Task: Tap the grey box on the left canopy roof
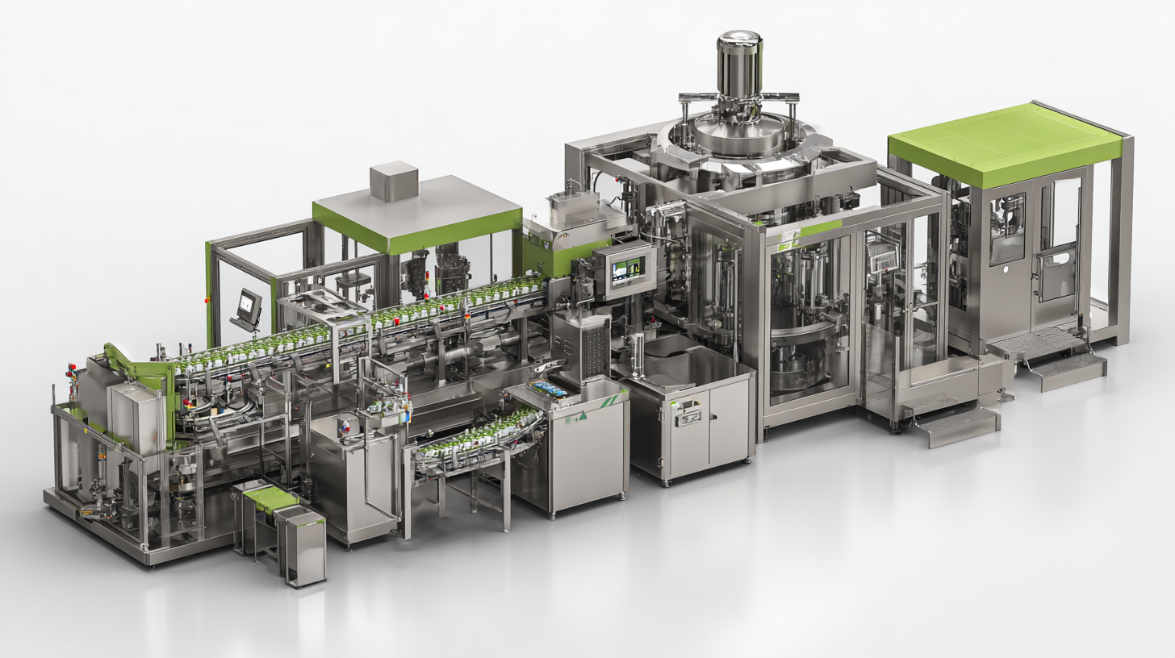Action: click(x=394, y=180)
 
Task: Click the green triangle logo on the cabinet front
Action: click(x=583, y=417)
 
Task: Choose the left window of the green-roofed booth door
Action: click(x=1007, y=227)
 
